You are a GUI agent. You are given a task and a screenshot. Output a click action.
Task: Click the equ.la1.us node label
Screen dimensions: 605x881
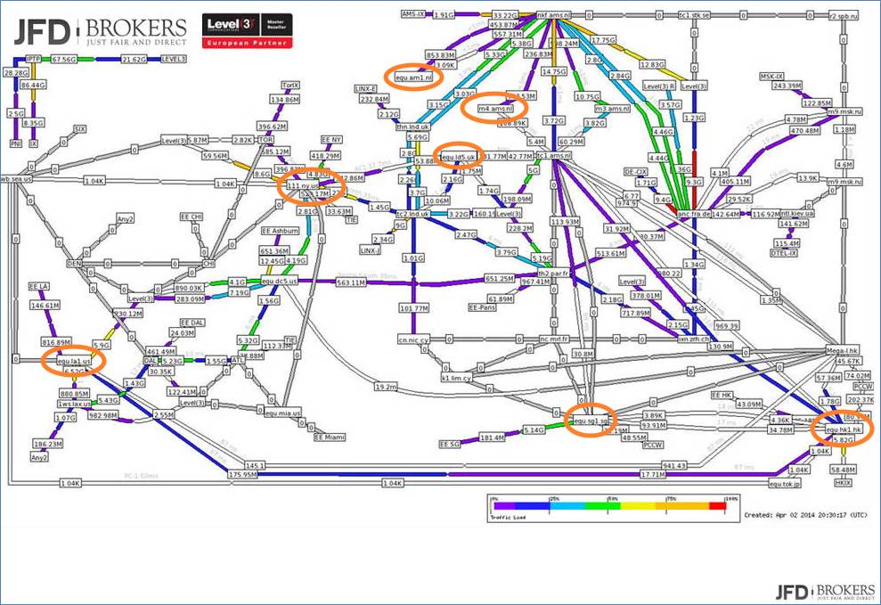coord(74,360)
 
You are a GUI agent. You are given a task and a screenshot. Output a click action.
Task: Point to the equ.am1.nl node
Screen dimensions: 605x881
coord(413,77)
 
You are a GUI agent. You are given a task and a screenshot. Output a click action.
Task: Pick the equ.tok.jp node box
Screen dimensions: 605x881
coord(785,484)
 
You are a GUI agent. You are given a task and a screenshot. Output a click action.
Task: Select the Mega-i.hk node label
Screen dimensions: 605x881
coord(842,349)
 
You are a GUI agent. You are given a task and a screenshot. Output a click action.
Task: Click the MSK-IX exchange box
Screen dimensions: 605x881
coord(771,76)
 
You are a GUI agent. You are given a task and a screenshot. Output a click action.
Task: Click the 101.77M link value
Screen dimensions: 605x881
coord(414,308)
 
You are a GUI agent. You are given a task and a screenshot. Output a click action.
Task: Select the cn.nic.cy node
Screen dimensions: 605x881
coord(414,339)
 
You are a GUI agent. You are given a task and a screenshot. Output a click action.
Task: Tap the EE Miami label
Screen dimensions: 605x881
coord(330,437)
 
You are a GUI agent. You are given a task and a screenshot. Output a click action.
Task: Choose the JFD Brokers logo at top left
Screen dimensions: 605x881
coord(100,32)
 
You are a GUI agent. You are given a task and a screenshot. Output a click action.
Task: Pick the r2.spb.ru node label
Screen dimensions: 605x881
coord(842,15)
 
